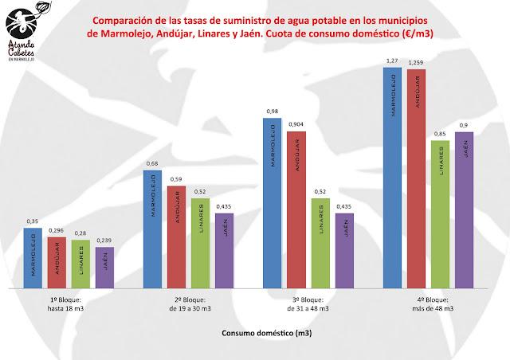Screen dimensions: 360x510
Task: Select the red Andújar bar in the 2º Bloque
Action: click(x=176, y=237)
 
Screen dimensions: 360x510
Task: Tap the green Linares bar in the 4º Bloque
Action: click(x=441, y=213)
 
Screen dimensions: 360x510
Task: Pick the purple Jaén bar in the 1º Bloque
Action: click(x=104, y=267)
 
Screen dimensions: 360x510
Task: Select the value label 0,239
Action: click(x=104, y=241)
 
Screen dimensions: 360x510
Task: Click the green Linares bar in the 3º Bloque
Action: click(x=320, y=242)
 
